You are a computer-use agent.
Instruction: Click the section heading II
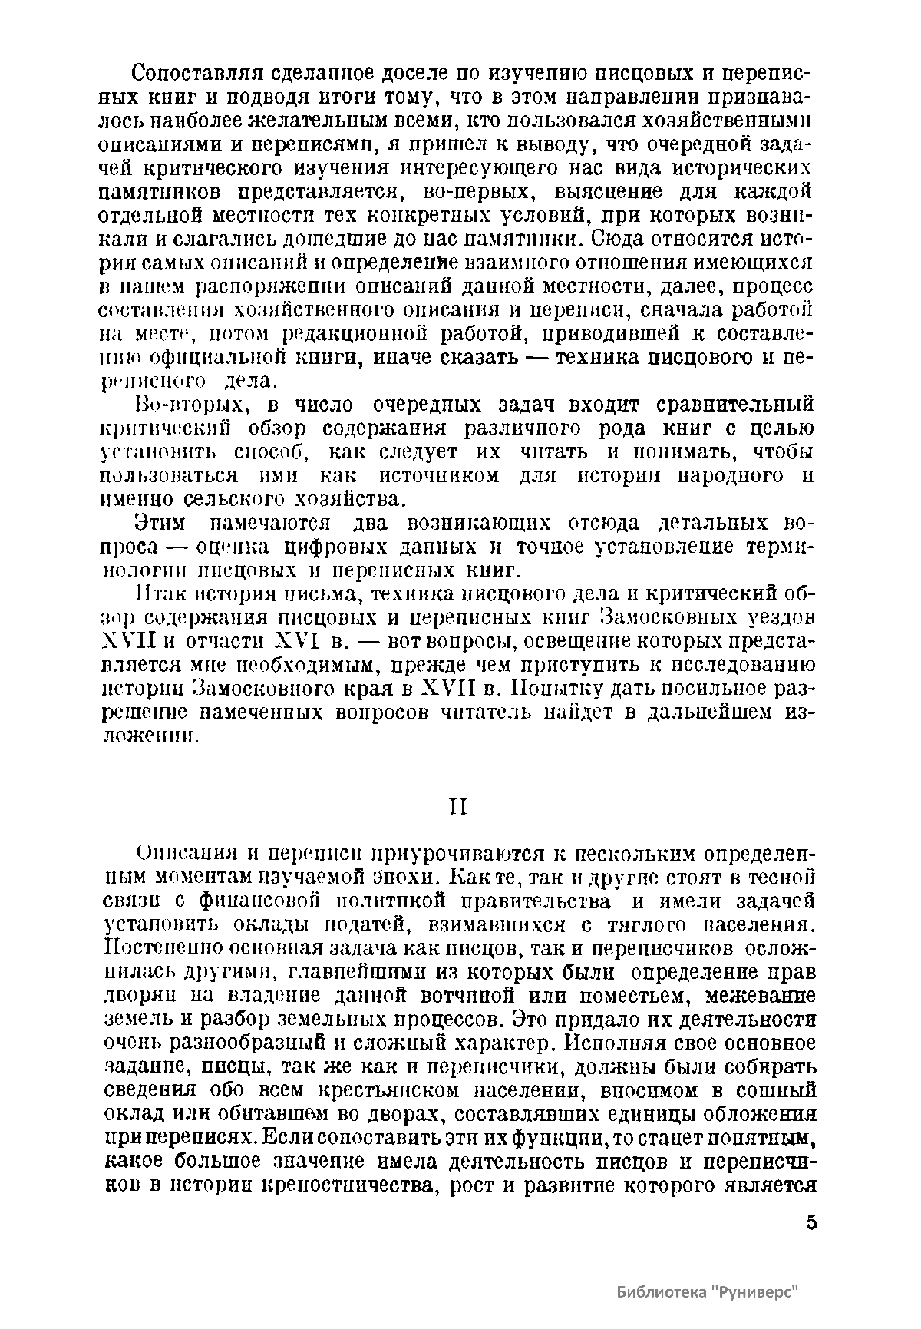tap(458, 808)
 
